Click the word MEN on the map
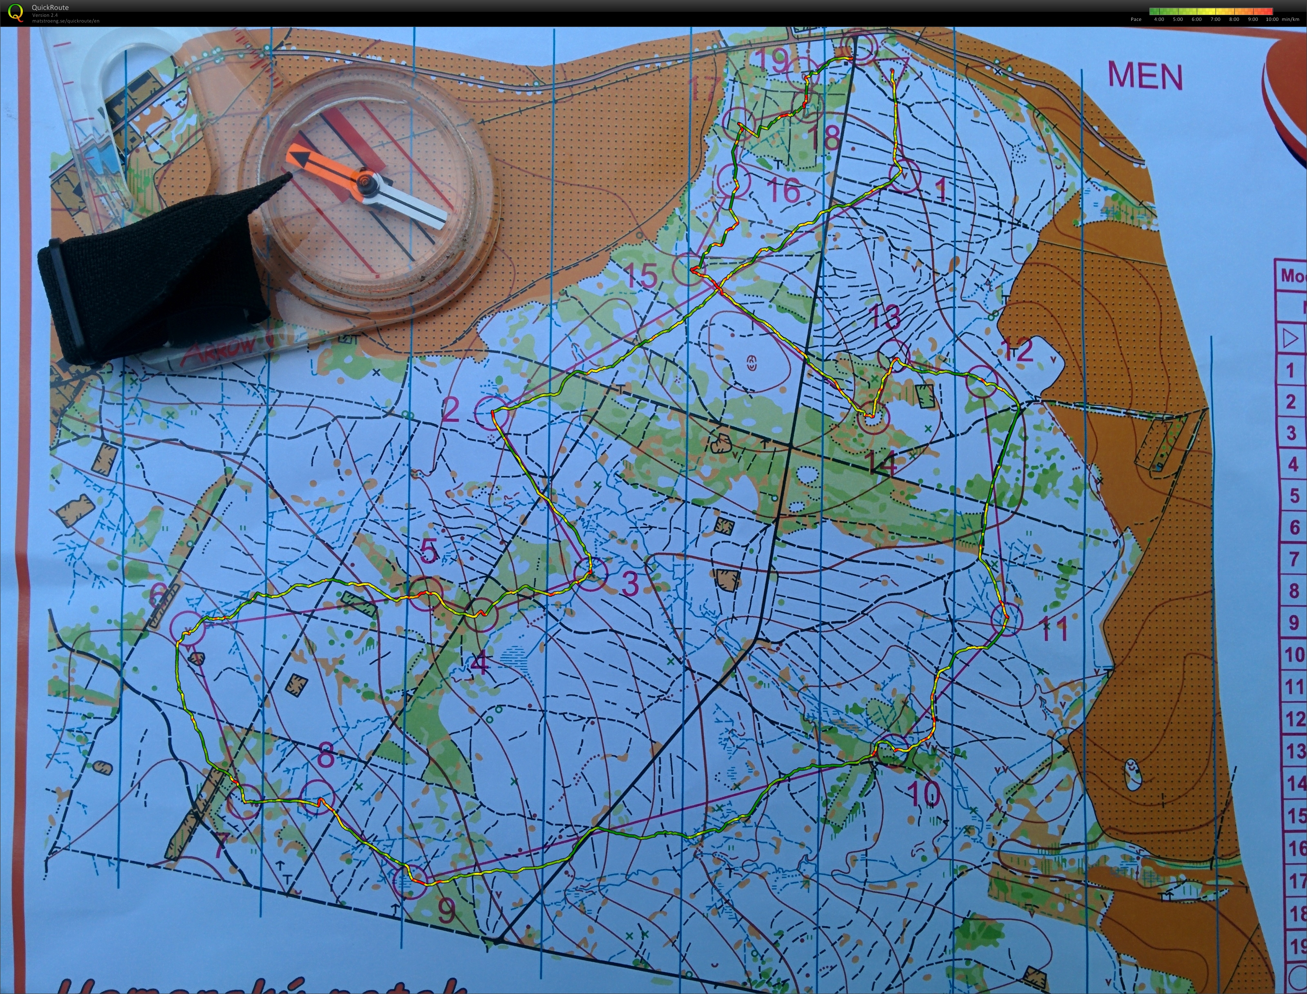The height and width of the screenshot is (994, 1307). pos(1145,76)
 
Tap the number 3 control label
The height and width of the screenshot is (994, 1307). pos(631,584)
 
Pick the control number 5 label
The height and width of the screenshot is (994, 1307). pos(429,551)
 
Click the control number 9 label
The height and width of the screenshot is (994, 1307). pos(446,909)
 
